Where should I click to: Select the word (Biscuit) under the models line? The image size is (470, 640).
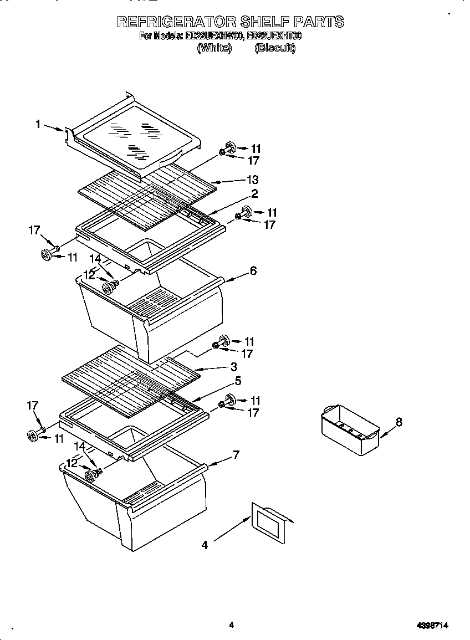[x=275, y=48]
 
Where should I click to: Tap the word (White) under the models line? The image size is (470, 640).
[x=214, y=48]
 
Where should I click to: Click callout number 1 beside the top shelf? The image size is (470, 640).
[x=38, y=125]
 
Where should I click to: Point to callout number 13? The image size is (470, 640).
[x=253, y=180]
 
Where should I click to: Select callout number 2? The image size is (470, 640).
[x=254, y=193]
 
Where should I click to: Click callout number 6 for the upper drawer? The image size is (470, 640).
[x=253, y=270]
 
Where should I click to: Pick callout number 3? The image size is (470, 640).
[x=234, y=366]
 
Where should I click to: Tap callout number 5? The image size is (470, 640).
[x=237, y=381]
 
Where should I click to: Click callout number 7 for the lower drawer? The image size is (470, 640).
[x=237, y=455]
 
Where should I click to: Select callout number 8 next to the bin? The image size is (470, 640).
[x=399, y=422]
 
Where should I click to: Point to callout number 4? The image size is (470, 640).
[x=205, y=545]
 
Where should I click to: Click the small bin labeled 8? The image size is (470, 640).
[x=349, y=429]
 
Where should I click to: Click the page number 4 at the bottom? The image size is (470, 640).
[x=232, y=625]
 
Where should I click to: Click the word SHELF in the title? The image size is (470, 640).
[x=263, y=22]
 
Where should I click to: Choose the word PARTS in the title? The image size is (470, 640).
[x=318, y=22]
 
